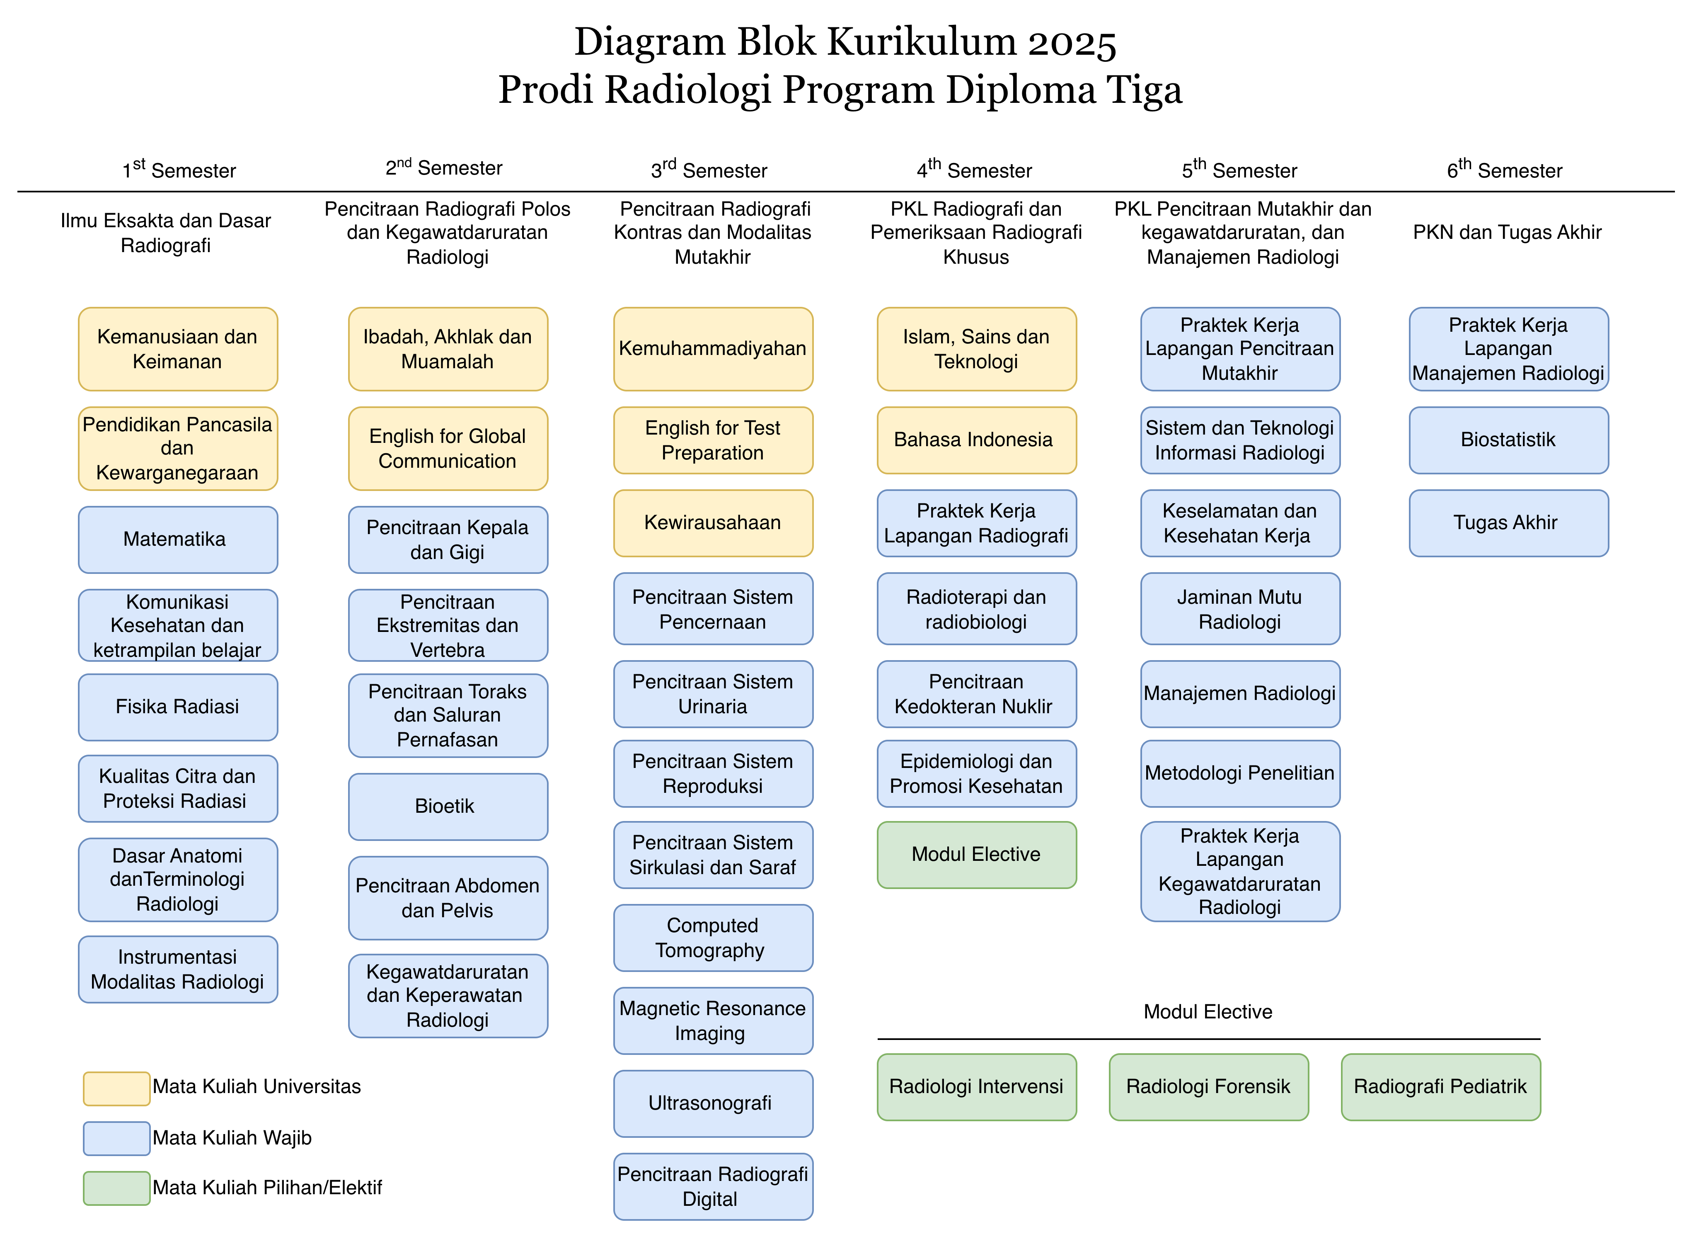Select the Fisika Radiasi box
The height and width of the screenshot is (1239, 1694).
click(178, 707)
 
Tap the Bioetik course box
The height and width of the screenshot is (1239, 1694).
click(448, 806)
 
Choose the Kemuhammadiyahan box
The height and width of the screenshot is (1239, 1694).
click(713, 349)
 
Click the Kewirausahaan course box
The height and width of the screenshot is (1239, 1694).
click(713, 523)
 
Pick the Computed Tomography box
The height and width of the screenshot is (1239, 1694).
click(713, 938)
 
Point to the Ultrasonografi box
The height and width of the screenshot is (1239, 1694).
click(713, 1103)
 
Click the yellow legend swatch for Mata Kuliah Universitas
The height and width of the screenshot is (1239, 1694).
click(116, 1088)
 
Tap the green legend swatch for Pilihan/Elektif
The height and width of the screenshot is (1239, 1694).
click(116, 1188)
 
